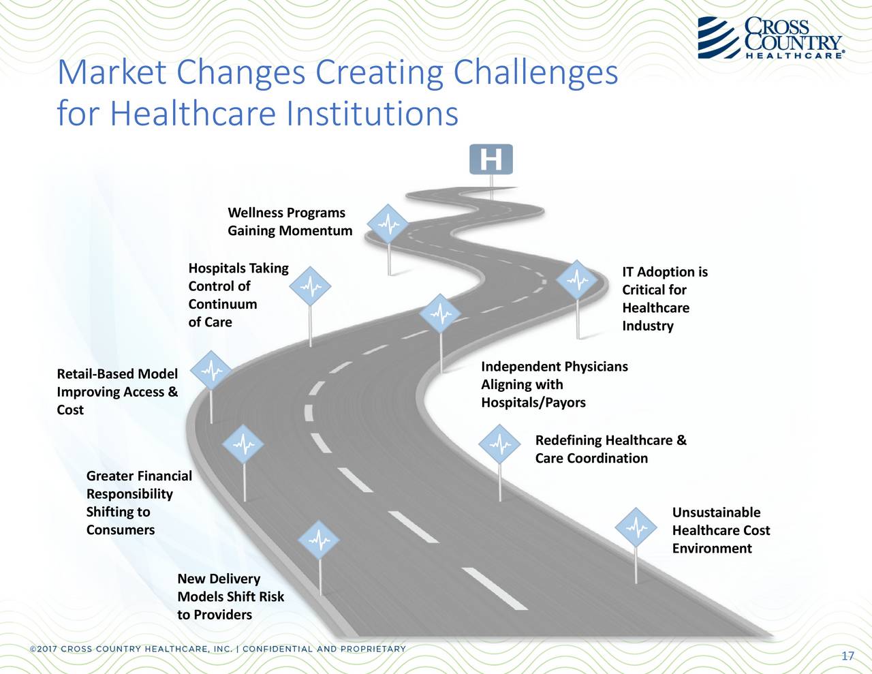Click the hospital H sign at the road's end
point(490,159)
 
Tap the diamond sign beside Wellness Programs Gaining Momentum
point(388,224)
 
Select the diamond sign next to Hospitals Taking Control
point(310,288)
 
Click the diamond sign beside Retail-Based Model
point(211,371)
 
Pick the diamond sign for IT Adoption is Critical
point(578,280)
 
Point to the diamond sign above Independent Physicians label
point(441,314)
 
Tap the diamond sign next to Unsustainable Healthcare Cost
point(636,527)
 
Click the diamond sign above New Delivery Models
point(320,540)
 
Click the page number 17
point(847,656)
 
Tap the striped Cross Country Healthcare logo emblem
point(719,37)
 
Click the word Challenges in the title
point(535,72)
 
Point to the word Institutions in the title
point(372,114)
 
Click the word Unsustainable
point(716,512)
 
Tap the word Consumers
point(120,530)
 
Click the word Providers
point(222,615)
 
